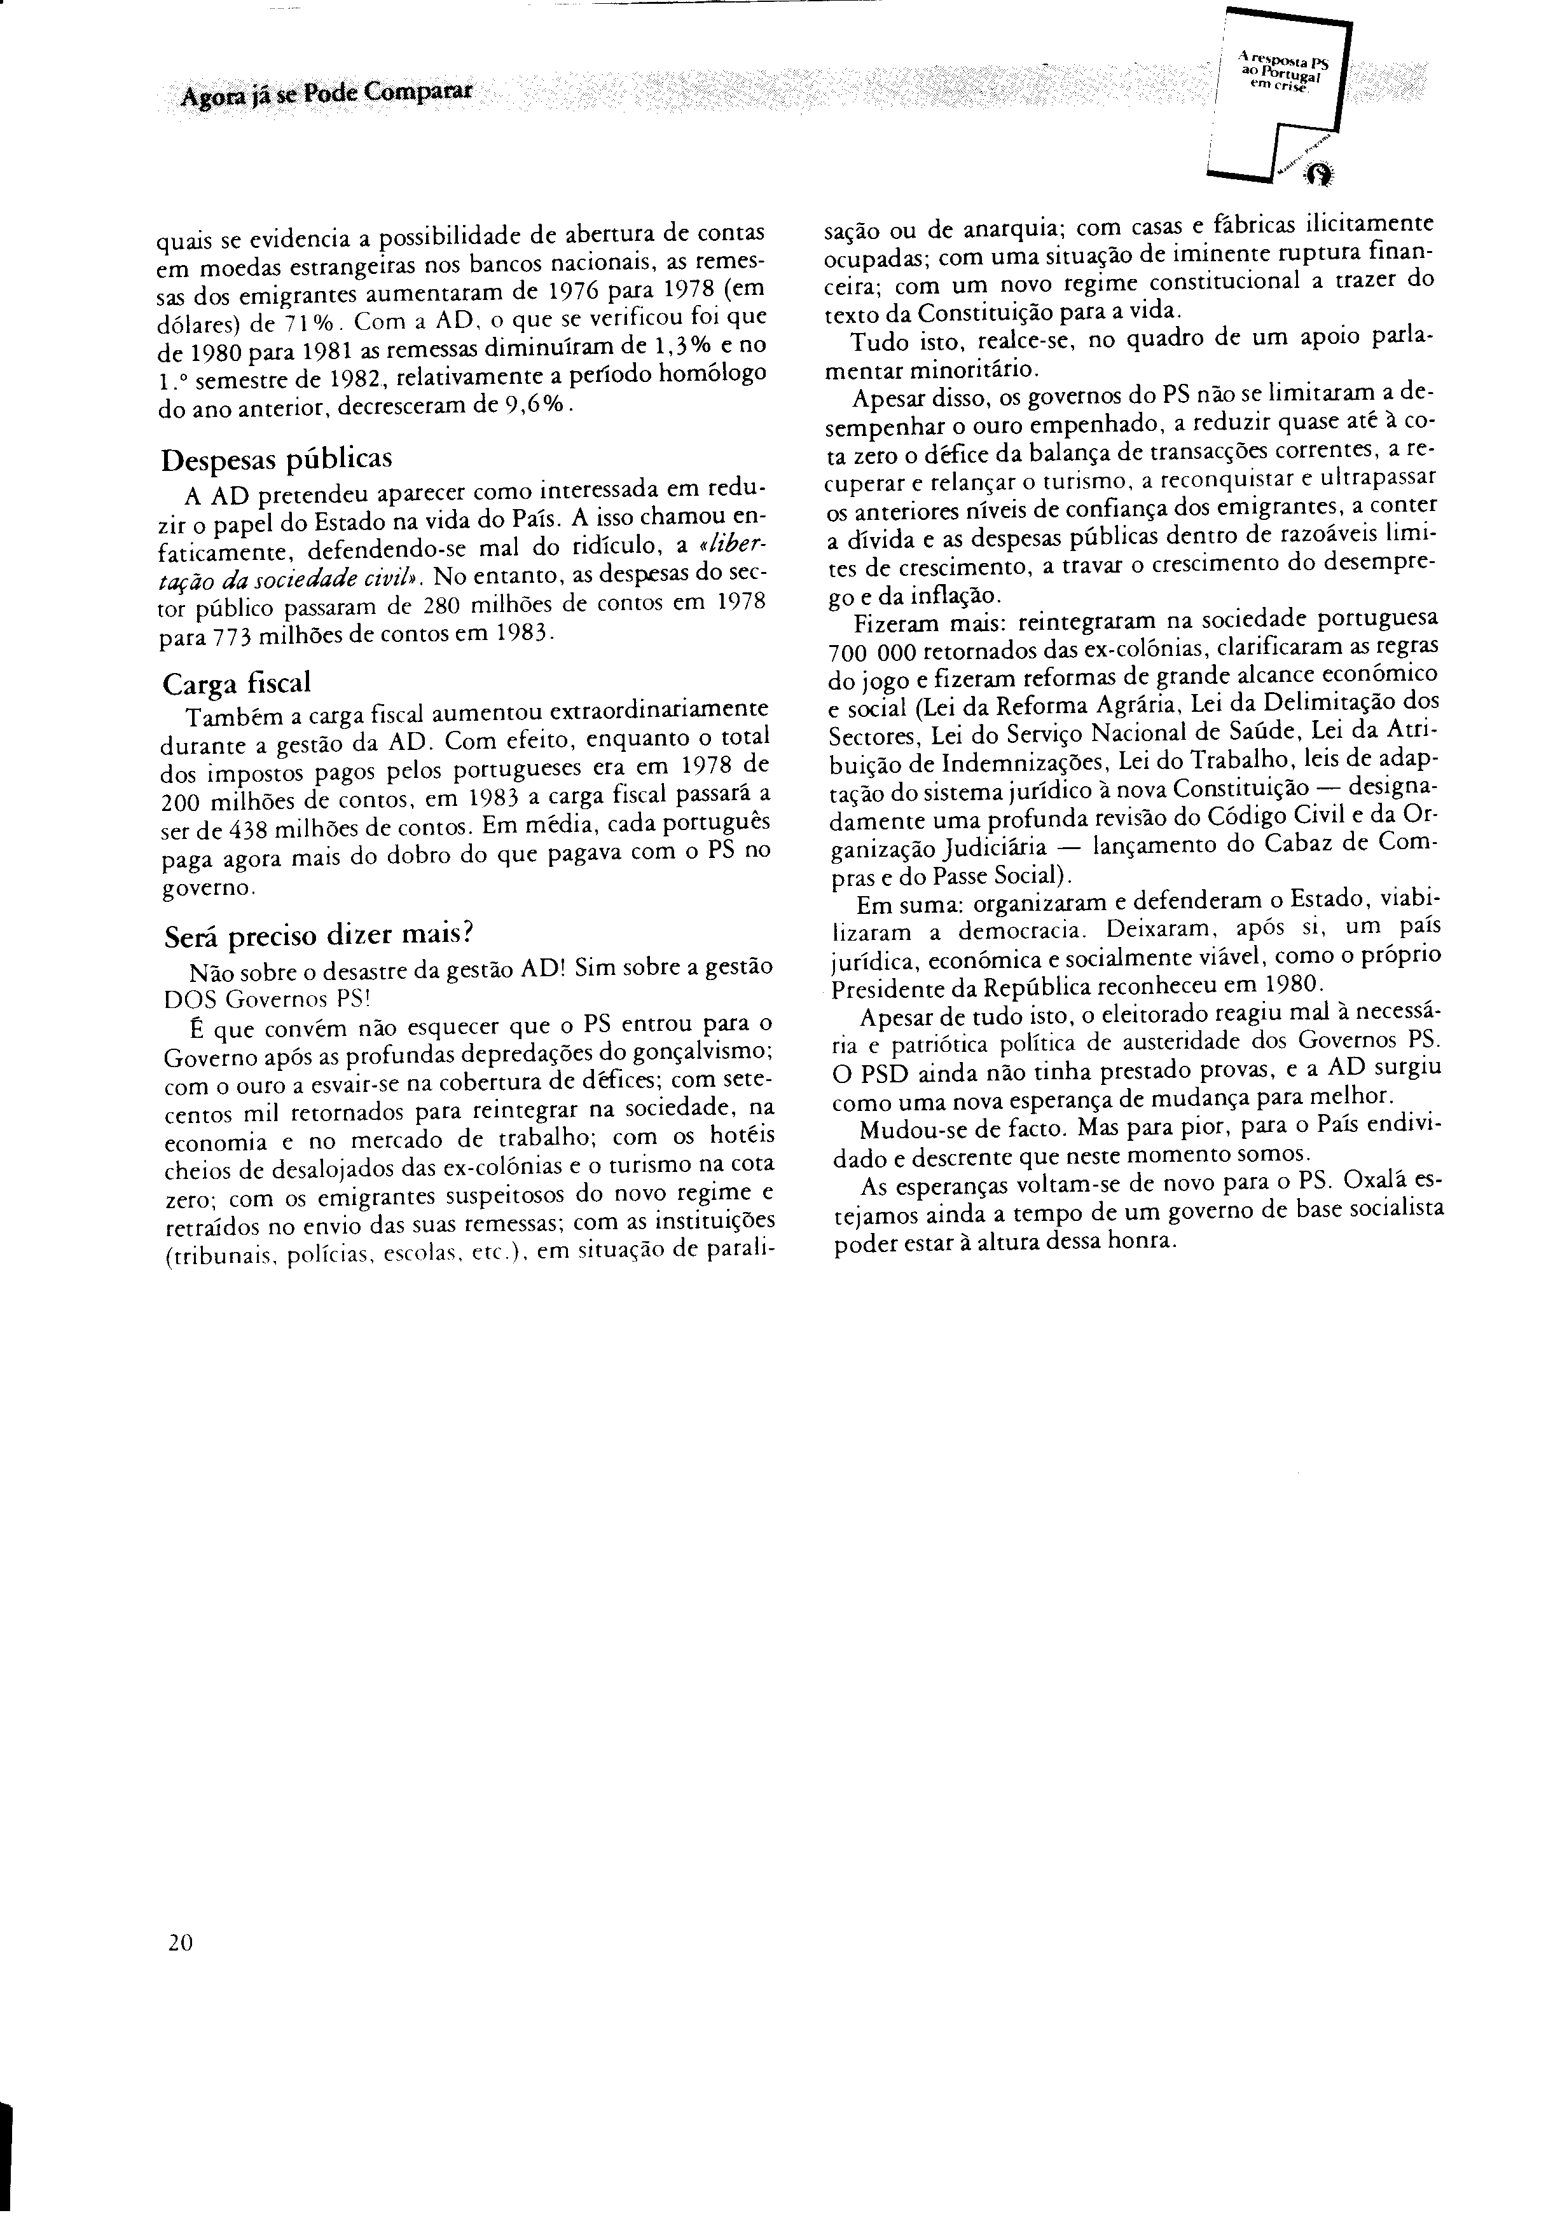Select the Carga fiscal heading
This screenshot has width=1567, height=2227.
click(236, 682)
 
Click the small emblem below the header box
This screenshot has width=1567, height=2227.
click(1318, 173)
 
